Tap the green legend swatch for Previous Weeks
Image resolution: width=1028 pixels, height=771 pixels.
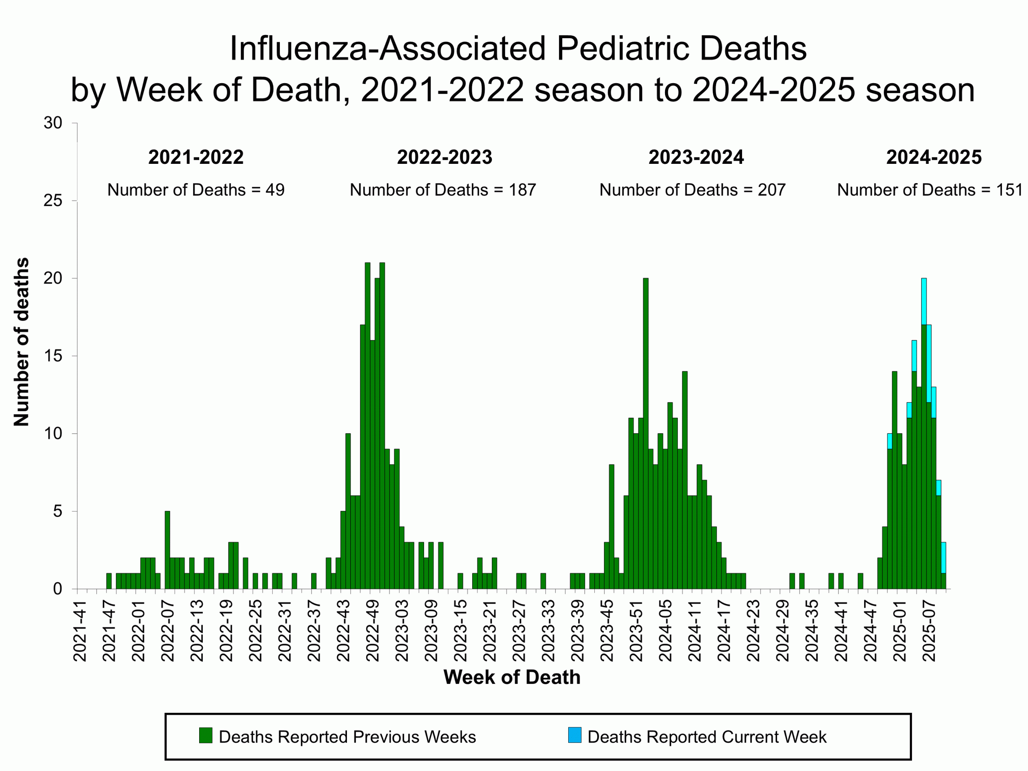point(206,736)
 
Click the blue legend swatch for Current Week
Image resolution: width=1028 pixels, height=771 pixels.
point(574,736)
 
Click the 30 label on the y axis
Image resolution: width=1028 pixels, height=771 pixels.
point(53,123)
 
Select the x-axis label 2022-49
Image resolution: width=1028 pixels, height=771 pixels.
point(372,630)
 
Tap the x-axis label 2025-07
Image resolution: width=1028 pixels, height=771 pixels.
point(928,630)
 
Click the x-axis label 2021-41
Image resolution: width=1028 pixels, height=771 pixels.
point(80,630)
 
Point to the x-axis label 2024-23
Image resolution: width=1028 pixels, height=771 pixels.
point(753,630)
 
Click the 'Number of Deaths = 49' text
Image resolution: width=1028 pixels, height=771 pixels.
point(196,190)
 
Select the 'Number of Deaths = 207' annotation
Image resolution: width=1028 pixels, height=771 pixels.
point(692,190)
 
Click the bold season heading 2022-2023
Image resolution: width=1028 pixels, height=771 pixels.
point(444,157)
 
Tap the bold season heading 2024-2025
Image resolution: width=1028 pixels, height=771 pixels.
point(934,157)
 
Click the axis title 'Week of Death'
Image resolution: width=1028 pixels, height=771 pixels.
point(512,677)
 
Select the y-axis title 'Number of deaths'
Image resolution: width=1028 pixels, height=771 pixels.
point(21,342)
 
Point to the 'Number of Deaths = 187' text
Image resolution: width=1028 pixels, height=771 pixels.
point(443,190)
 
